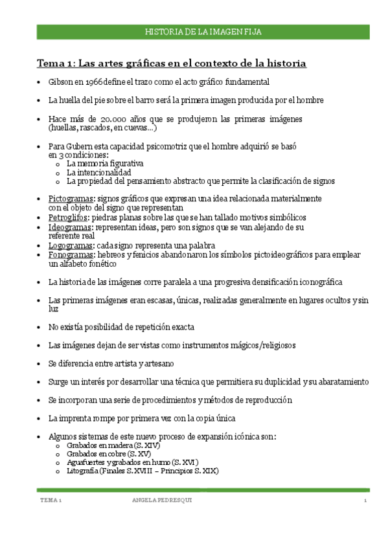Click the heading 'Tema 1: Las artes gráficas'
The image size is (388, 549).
point(171,63)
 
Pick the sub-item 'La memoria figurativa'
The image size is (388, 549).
point(105,164)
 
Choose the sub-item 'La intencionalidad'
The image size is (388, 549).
point(99,173)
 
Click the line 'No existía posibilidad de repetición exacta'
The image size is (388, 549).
point(121,327)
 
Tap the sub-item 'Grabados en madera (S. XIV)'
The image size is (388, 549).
point(113,446)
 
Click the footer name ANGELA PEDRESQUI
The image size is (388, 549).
point(162,501)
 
